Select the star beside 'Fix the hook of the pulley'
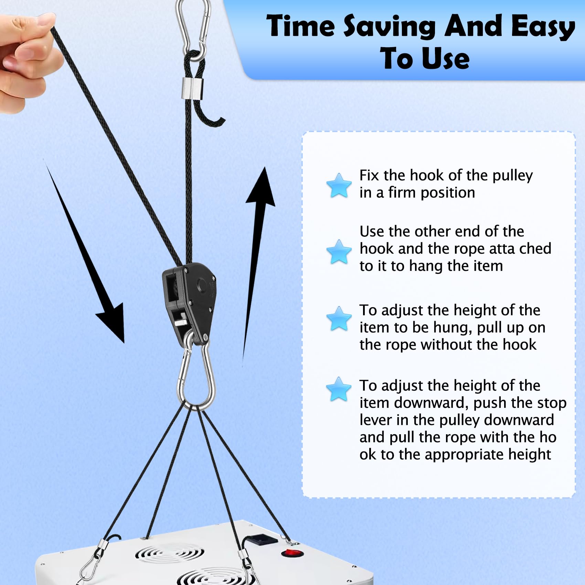[339, 185]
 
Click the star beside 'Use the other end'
[339, 252]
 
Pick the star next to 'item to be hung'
[339, 319]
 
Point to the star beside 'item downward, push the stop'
[339, 389]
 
